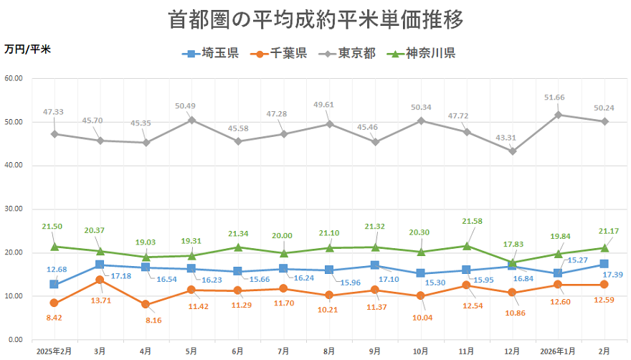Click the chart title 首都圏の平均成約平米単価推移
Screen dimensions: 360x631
315,19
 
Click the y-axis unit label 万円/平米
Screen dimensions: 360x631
27,49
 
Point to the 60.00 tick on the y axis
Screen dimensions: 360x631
13,78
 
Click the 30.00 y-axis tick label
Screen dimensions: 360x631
13,209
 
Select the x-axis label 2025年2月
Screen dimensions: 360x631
54,351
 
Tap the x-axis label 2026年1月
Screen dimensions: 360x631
559,351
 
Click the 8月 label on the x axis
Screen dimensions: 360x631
329,351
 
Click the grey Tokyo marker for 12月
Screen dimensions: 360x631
513,151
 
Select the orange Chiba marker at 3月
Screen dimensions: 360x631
100,280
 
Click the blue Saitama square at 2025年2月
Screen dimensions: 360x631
54,284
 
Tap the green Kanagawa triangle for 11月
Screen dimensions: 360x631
467,246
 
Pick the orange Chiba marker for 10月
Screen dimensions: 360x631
421,295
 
